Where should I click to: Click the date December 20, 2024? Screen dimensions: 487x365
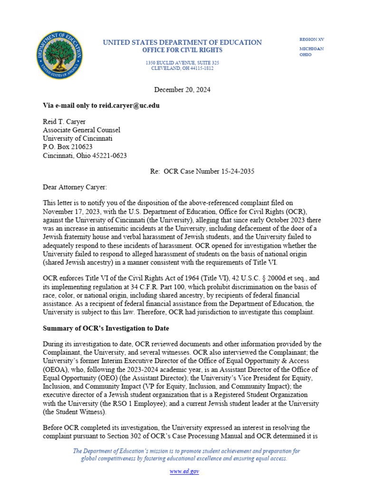coord(182,89)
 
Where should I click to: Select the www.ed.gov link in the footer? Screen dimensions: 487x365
coord(184,471)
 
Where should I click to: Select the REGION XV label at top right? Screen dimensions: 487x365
coord(312,39)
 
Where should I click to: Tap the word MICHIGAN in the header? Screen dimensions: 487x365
coord(311,49)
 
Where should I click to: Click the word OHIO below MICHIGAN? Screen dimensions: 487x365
coord(306,55)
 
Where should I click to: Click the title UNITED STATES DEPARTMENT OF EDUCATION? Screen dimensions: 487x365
coord(182,43)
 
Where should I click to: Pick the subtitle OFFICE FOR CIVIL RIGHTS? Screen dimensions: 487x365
coord(182,50)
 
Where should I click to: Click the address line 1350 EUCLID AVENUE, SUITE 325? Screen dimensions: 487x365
coord(182,63)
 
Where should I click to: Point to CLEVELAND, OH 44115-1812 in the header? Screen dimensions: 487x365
coord(182,68)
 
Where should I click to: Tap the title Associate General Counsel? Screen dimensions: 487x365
coord(81,130)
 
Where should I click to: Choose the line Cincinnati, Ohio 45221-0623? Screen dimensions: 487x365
coord(85,156)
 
